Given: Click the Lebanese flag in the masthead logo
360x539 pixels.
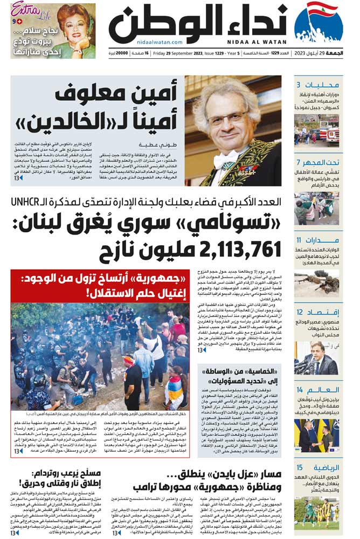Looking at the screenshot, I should click(x=322, y=11).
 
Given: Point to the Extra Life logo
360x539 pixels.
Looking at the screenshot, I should click(x=26, y=10).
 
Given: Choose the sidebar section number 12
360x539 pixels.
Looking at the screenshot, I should click(x=299, y=313).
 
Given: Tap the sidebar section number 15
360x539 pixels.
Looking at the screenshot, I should click(x=299, y=467).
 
